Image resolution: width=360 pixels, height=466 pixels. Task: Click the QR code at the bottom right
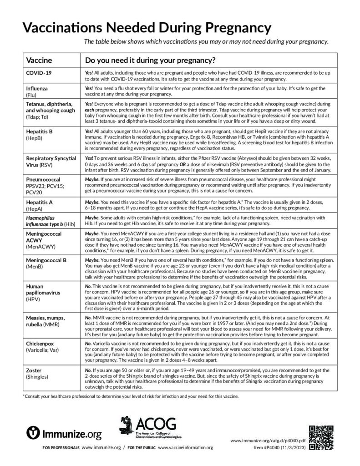321,436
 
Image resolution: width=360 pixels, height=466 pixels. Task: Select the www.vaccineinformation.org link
186,448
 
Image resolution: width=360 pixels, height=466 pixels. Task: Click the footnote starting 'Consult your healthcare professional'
130,396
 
